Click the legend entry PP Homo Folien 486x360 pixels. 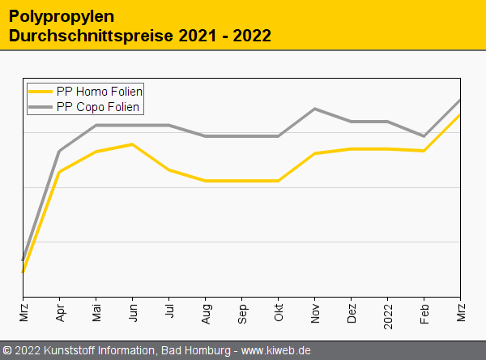(x=100, y=92)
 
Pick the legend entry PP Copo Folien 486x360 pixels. (x=99, y=107)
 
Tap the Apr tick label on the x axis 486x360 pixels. (x=60, y=313)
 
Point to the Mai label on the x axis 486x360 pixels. (x=96, y=313)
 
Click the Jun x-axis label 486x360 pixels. (x=133, y=313)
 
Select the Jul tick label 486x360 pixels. (x=169, y=311)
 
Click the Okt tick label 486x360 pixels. (x=279, y=312)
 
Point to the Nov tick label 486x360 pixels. (x=315, y=313)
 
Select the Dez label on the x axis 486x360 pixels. (x=352, y=313)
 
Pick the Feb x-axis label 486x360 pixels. (x=424, y=313)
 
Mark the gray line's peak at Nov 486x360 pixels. (x=315, y=109)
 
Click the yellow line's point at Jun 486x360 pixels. (x=133, y=144)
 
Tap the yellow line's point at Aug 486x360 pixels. (x=206, y=181)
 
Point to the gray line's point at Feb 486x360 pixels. (x=424, y=136)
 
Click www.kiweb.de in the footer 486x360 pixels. (x=276, y=350)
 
